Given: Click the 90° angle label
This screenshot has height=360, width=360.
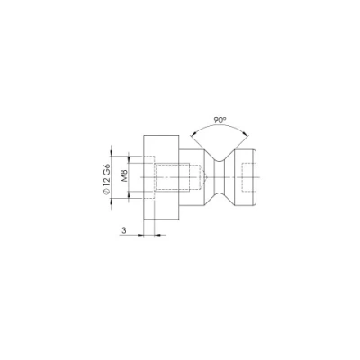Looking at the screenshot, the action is [x=220, y=121].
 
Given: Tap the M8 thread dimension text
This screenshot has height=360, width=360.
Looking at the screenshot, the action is [x=124, y=176].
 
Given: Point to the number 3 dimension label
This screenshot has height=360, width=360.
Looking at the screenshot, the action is [x=124, y=230].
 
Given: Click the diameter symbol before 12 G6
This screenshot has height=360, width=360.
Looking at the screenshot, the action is [x=107, y=193].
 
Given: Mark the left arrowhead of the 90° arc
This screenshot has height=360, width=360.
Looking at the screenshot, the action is [x=193, y=134].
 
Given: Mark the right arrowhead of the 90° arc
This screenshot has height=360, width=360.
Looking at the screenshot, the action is [x=246, y=134].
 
